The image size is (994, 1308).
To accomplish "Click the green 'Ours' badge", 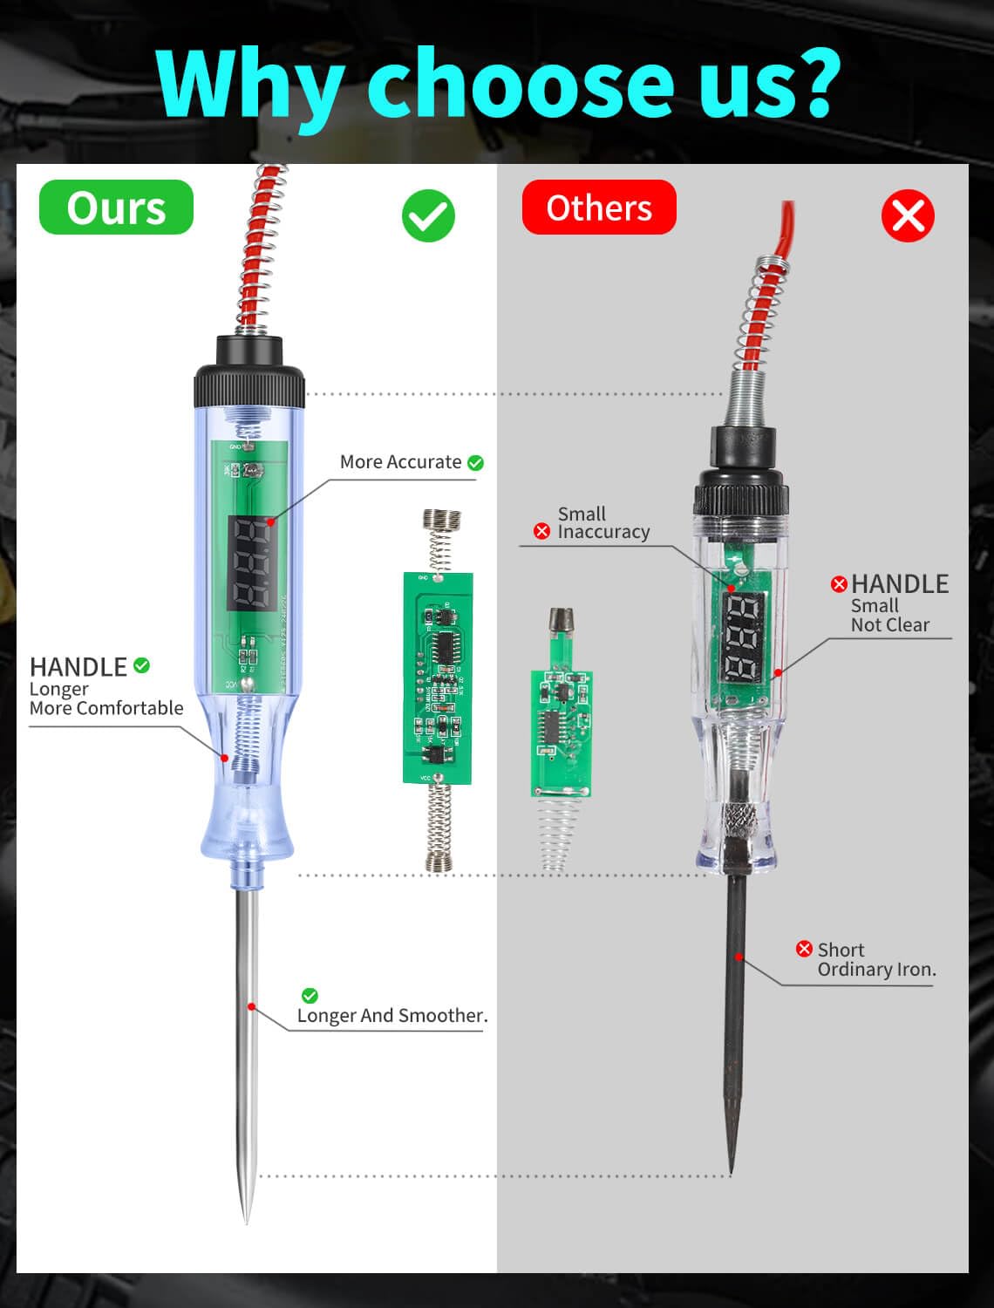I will pyautogui.click(x=116, y=208).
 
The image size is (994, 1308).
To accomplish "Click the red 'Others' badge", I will pyautogui.click(x=599, y=208).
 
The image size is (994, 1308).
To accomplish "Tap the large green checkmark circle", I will pyautogui.click(x=428, y=216).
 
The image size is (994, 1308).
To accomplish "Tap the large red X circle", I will pyautogui.click(x=908, y=216).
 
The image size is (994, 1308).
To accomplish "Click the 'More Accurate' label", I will pyautogui.click(x=401, y=462).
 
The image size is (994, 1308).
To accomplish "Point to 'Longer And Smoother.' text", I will pyautogui.click(x=392, y=1016).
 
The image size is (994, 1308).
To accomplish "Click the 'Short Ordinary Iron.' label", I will pyautogui.click(x=875, y=960).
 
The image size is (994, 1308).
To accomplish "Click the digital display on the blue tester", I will pyautogui.click(x=250, y=563).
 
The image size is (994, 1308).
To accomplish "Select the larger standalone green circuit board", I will pyautogui.click(x=438, y=678).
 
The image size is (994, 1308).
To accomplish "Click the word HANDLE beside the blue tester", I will pyautogui.click(x=78, y=667).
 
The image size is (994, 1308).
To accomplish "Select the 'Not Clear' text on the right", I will pyautogui.click(x=889, y=625).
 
